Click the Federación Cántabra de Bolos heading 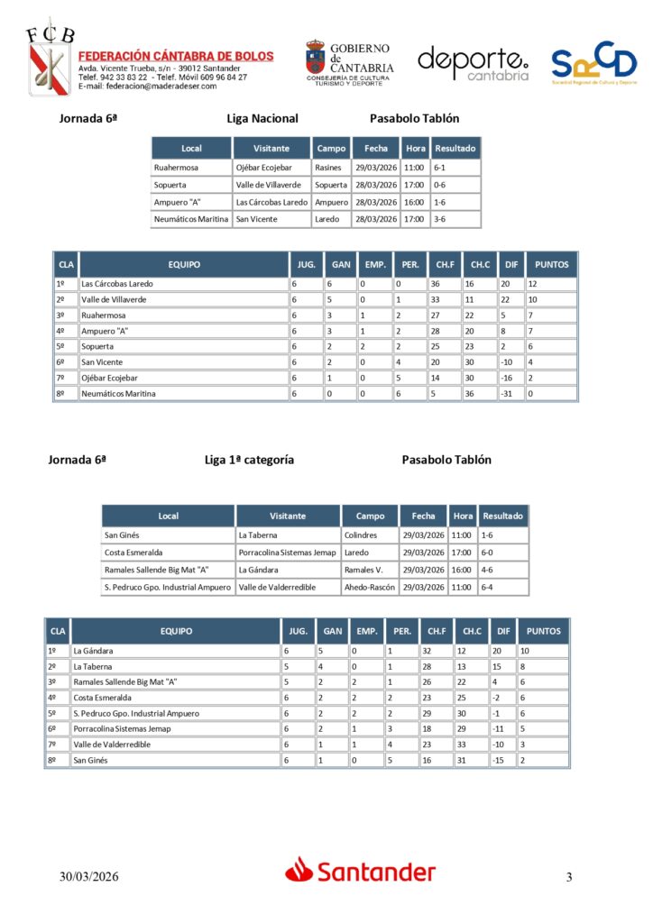click(x=176, y=56)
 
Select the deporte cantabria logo click(x=473, y=64)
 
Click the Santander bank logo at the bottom click(x=361, y=872)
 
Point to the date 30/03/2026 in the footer click(x=89, y=877)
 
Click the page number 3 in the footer click(x=569, y=877)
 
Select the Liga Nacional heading click(x=262, y=118)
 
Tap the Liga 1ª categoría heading click(x=249, y=460)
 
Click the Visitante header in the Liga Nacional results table click(x=271, y=149)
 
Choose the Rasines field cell click(x=328, y=168)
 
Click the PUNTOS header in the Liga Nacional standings click(x=551, y=265)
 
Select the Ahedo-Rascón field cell click(x=369, y=588)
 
